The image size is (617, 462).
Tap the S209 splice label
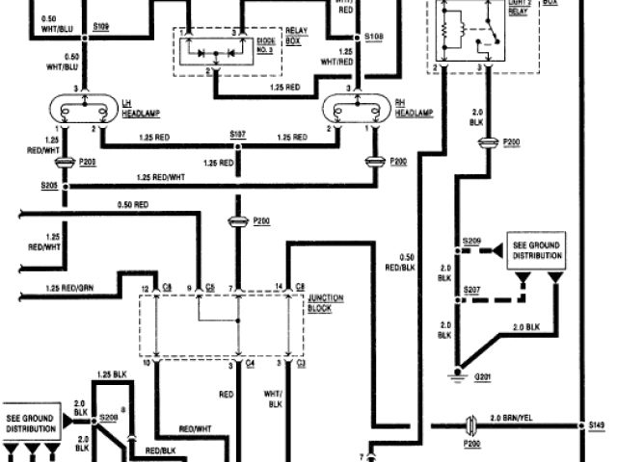(470, 239)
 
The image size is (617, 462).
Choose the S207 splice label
(470, 290)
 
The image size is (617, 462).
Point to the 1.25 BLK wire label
(113, 373)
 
